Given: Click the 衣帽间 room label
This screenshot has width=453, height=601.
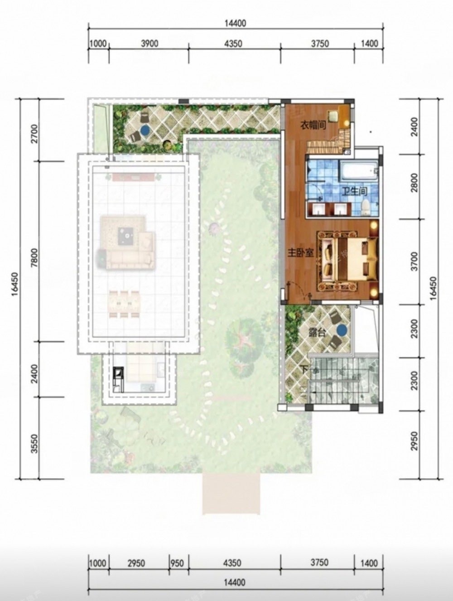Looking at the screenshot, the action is (x=313, y=126).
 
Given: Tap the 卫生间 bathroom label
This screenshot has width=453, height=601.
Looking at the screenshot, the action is (x=354, y=191).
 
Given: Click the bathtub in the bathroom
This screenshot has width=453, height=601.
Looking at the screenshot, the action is (x=359, y=170).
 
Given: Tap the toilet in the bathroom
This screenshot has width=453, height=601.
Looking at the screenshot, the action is (x=366, y=207).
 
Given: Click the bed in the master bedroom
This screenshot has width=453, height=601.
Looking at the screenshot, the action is (x=350, y=260).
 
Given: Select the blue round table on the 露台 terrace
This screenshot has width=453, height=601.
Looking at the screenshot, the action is (x=342, y=330).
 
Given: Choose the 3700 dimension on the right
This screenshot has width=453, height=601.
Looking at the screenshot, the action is (x=415, y=262).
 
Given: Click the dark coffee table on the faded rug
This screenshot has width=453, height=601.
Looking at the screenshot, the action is (x=127, y=236).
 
